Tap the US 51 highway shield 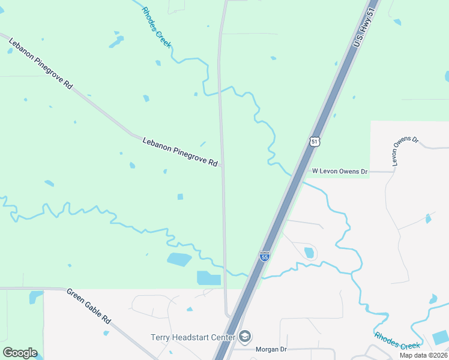coord(315,142)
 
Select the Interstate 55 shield coord(265,256)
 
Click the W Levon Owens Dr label coord(340,172)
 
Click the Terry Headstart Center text coord(192,338)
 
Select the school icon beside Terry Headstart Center coord(244,337)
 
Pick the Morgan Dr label coord(271,349)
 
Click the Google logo coord(20,353)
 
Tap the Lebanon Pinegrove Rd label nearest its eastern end coord(180,152)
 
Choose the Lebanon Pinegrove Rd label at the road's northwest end coord(41,62)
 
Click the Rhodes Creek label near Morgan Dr coord(397,341)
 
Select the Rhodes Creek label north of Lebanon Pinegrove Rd coord(156,27)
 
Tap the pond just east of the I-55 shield coord(309,253)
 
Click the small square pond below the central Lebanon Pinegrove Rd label coord(180,196)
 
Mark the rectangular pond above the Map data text coord(440,337)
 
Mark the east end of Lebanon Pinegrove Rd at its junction coord(222,166)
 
